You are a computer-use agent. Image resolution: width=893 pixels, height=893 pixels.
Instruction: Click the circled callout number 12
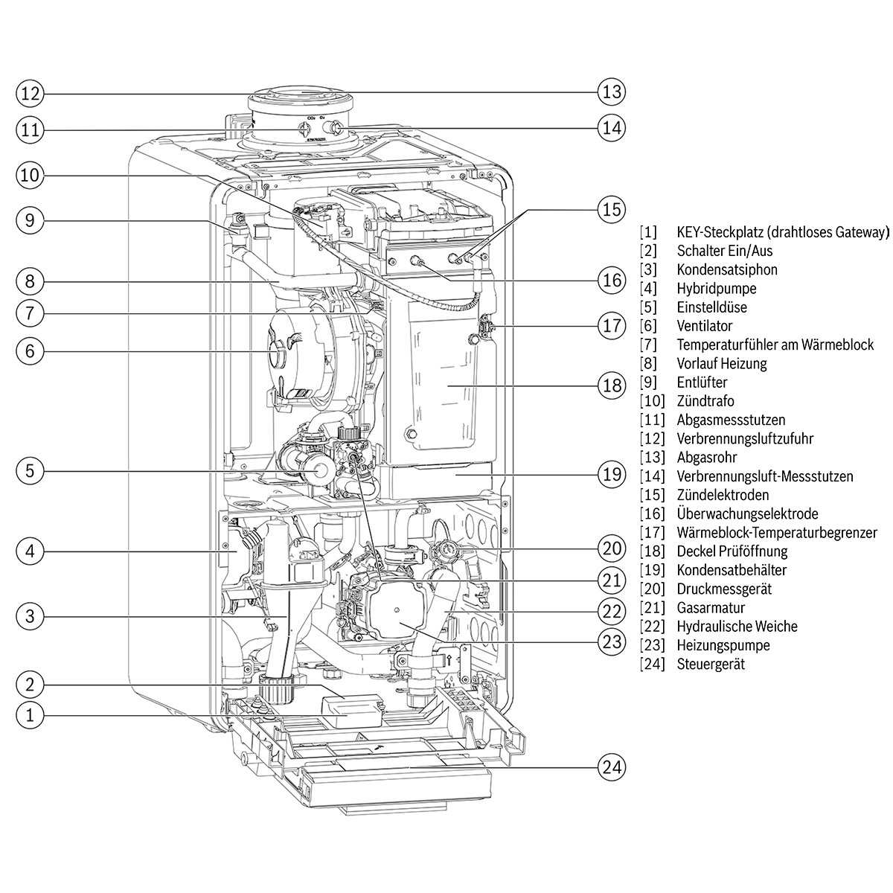point(30,94)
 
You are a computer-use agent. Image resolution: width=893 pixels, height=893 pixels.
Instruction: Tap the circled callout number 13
point(611,92)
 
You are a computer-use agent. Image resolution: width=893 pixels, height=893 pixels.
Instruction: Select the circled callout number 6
point(30,351)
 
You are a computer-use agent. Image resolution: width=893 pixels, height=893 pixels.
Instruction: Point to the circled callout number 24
point(611,767)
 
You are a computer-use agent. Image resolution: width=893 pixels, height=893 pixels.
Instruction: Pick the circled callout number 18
point(611,385)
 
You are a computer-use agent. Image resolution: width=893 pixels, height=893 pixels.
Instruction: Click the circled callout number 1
point(30,716)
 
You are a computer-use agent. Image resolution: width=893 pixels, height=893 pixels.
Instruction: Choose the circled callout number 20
point(611,549)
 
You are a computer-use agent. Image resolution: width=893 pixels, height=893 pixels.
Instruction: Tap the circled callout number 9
point(30,220)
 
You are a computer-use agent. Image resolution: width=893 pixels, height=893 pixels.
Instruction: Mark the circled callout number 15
point(611,210)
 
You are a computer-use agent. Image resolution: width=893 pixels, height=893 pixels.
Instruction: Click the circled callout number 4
point(30,551)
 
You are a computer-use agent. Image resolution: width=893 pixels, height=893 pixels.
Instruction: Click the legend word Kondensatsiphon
point(727,269)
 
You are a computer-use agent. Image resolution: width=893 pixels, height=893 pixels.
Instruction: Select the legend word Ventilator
point(704,326)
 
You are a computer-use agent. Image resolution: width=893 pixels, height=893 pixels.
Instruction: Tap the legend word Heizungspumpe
point(723,645)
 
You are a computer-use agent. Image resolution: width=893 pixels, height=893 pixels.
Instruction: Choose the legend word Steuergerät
point(711,664)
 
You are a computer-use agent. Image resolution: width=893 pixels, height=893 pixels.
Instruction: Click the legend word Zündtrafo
point(705,401)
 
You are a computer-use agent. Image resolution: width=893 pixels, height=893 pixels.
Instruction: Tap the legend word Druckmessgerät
point(724,589)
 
